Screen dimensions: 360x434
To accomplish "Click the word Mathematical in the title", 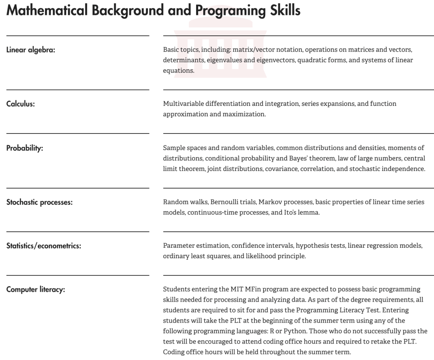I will (x=47, y=10).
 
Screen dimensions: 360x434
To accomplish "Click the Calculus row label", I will (x=20, y=104).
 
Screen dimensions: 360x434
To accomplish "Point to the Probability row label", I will (x=25, y=148).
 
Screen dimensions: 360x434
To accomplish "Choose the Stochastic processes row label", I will (x=39, y=202).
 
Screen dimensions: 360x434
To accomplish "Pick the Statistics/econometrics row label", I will (x=43, y=246).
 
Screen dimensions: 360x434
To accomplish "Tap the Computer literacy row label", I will (x=35, y=289).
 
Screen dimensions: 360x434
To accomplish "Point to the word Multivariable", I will (x=183, y=104).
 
